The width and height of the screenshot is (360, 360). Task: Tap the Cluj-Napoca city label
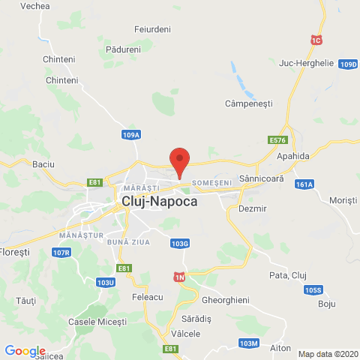click(x=158, y=201)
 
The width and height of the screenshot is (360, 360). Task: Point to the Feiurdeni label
click(x=153, y=28)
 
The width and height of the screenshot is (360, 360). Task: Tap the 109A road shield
click(x=131, y=135)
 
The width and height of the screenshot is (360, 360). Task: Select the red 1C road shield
click(x=316, y=38)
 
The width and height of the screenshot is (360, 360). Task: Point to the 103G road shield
click(x=179, y=243)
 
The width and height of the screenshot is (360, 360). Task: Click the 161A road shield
click(x=304, y=184)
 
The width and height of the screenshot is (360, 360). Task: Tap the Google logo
click(x=25, y=350)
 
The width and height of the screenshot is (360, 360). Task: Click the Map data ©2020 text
click(x=328, y=354)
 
